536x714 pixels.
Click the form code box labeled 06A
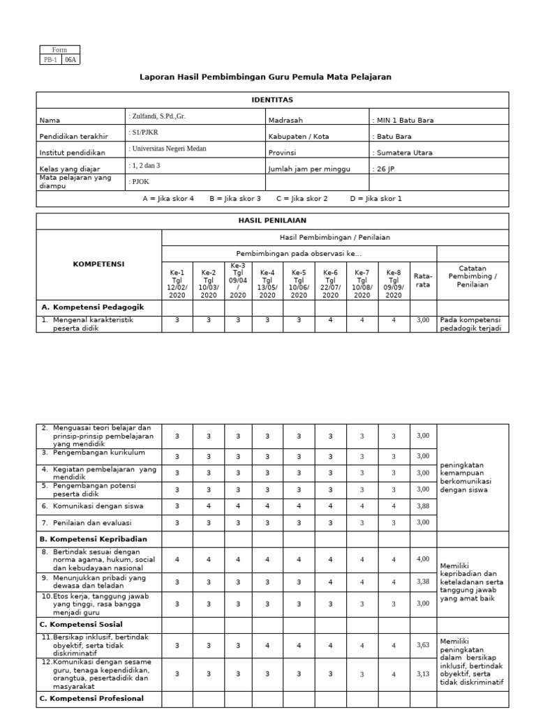coord(71,60)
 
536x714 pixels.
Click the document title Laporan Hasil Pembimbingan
coord(266,77)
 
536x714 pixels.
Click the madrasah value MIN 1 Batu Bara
coord(403,120)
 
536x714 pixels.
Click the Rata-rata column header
coord(423,280)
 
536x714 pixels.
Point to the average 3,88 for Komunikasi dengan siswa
coord(423,506)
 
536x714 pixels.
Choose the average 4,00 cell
coord(423,559)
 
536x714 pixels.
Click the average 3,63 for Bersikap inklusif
coord(423,646)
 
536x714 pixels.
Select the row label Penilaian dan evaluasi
coord(92,522)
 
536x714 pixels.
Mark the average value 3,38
coord(423,581)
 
